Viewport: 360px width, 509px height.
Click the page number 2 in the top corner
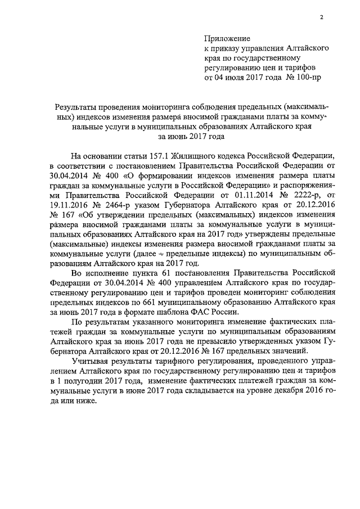tap(321, 16)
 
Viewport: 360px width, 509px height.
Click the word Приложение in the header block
tap(226, 38)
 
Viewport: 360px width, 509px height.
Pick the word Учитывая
tap(89, 361)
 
